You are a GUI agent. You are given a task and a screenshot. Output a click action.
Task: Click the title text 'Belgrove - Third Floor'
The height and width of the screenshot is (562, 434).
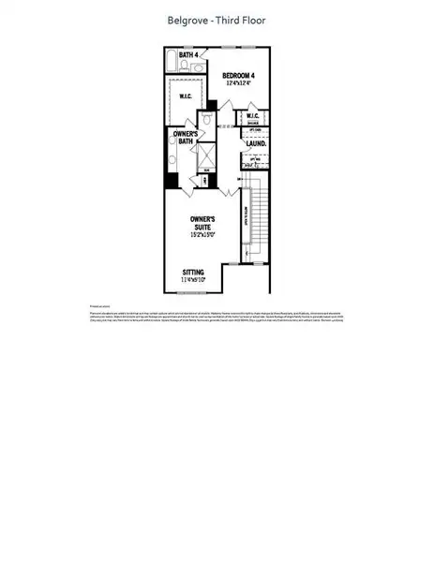point(217,19)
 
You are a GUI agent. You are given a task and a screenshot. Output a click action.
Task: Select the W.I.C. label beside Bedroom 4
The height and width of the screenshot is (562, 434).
point(251,117)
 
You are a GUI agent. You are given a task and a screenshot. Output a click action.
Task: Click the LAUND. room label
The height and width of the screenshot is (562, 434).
point(255,143)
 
